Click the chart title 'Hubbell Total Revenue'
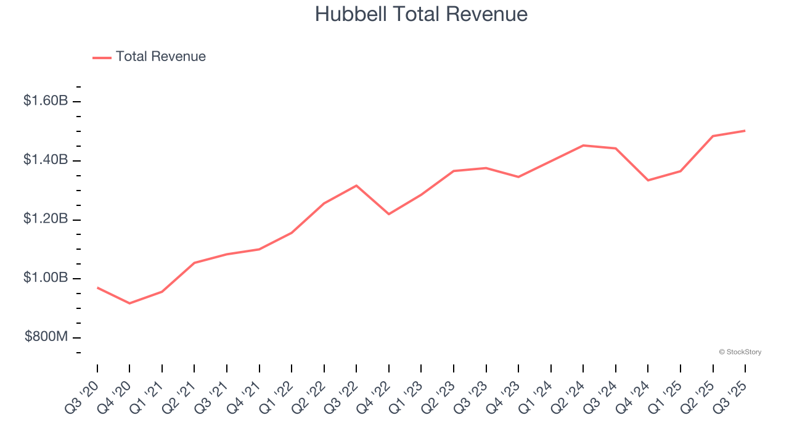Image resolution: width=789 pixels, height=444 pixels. pyautogui.click(x=421, y=14)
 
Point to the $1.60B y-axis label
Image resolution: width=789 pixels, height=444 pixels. pyautogui.click(x=46, y=101)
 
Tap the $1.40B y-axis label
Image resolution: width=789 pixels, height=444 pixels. pyautogui.click(x=46, y=160)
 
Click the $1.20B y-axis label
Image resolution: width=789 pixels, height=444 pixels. pyautogui.click(x=46, y=219)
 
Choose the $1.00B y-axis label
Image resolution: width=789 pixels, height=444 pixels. pyautogui.click(x=46, y=278)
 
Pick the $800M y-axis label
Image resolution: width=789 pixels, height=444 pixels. pyautogui.click(x=46, y=337)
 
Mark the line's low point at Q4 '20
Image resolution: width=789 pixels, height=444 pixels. pyautogui.click(x=129, y=303)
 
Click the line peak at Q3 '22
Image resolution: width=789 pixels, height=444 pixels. pyautogui.click(x=356, y=186)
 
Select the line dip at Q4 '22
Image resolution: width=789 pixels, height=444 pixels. pyautogui.click(x=389, y=214)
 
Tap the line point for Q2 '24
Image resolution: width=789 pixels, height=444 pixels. pyautogui.click(x=583, y=146)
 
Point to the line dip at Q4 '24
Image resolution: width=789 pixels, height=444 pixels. pyautogui.click(x=648, y=180)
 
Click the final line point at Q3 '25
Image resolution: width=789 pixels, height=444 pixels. pyautogui.click(x=745, y=131)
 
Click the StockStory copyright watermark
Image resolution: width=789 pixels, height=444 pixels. pyautogui.click(x=740, y=352)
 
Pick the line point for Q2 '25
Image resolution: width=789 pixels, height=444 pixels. pyautogui.click(x=713, y=136)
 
